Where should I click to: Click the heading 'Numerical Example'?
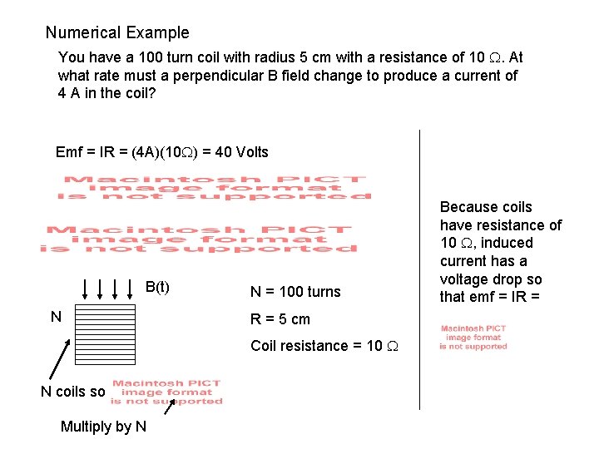click(117, 33)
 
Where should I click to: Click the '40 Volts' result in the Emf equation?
click(241, 152)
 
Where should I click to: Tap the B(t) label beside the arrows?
click(157, 288)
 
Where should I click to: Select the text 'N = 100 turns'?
click(295, 292)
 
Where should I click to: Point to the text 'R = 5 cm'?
click(280, 319)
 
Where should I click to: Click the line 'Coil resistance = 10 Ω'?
click(324, 346)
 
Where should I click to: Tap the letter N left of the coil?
click(56, 317)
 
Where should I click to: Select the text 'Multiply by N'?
click(103, 427)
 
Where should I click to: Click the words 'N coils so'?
click(73, 392)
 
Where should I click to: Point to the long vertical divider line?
click(419, 266)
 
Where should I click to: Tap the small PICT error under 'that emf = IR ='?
click(473, 337)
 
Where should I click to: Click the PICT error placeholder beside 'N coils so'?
click(166, 392)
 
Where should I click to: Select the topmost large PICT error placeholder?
click(214, 188)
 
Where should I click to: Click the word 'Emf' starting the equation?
click(69, 152)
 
